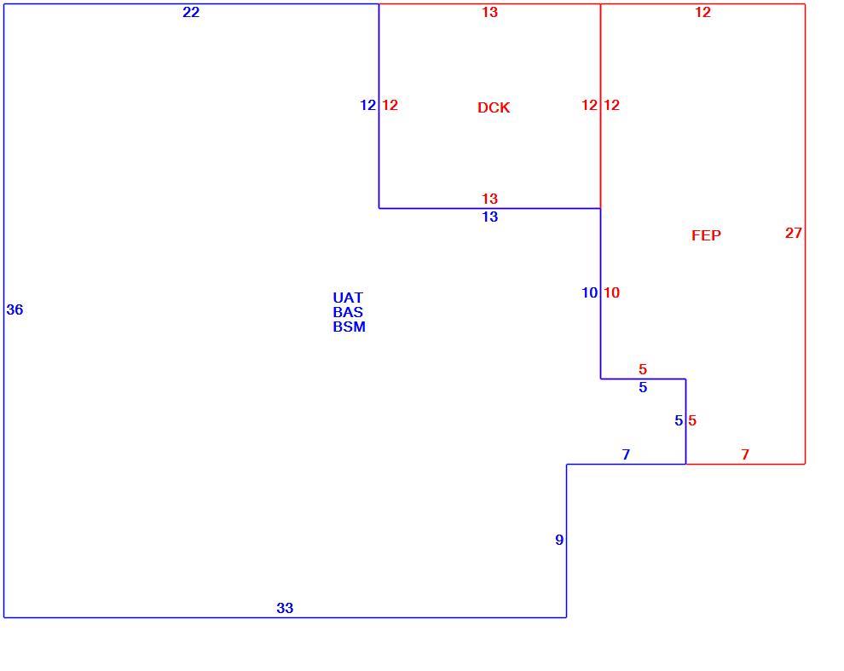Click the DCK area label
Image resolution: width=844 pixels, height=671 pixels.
tap(494, 107)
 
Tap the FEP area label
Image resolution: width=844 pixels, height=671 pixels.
tap(706, 235)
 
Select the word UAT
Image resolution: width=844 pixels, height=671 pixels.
tap(348, 298)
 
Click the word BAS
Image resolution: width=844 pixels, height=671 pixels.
tap(348, 312)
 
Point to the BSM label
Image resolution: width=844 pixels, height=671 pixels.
tap(349, 327)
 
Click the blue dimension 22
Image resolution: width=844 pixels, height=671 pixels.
tap(191, 13)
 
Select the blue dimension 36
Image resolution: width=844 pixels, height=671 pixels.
tap(15, 309)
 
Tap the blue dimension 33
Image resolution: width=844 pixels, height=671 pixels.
tap(285, 608)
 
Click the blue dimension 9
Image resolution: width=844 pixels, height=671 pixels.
tap(559, 540)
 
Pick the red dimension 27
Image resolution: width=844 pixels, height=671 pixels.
tap(794, 233)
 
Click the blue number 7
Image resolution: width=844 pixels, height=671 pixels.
tap(626, 454)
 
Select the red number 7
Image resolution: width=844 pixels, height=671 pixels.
tap(745, 454)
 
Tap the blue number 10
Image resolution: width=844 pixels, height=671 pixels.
tap(589, 292)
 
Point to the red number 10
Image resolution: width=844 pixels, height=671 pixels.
tap(611, 292)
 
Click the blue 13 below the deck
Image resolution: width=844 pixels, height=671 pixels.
tap(490, 217)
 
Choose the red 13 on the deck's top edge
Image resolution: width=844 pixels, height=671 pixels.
tap(490, 13)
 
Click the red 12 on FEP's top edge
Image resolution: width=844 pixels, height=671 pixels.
tap(703, 13)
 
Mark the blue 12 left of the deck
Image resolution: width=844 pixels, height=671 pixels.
tap(367, 105)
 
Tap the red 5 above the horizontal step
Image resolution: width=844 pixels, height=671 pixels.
tap(643, 369)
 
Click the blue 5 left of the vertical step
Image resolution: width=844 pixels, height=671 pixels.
tap(679, 420)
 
